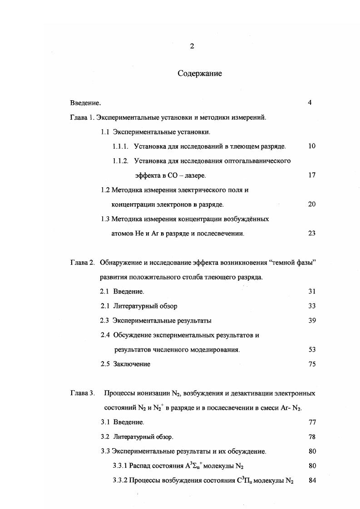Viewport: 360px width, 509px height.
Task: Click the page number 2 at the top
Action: (x=192, y=46)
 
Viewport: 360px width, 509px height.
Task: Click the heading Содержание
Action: (x=200, y=73)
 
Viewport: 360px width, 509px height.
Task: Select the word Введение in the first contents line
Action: (x=84, y=103)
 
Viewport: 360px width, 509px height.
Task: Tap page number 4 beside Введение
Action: (x=310, y=103)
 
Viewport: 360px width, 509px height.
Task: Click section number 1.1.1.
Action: (x=120, y=146)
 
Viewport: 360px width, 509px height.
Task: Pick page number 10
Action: (x=311, y=146)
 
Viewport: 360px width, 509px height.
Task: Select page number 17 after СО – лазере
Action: (x=311, y=175)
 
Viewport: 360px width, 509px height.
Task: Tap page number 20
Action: (x=311, y=204)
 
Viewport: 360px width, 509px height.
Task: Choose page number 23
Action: (x=311, y=233)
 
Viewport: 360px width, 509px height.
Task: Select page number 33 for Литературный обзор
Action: (x=311, y=306)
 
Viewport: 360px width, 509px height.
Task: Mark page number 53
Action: (x=311, y=349)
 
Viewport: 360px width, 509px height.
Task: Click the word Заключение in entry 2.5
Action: (x=132, y=364)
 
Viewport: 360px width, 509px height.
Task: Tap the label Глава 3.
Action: (x=82, y=393)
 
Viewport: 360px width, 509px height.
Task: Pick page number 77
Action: (x=312, y=422)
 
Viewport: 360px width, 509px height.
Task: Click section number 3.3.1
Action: (x=120, y=465)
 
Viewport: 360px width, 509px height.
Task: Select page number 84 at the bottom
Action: (x=312, y=480)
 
